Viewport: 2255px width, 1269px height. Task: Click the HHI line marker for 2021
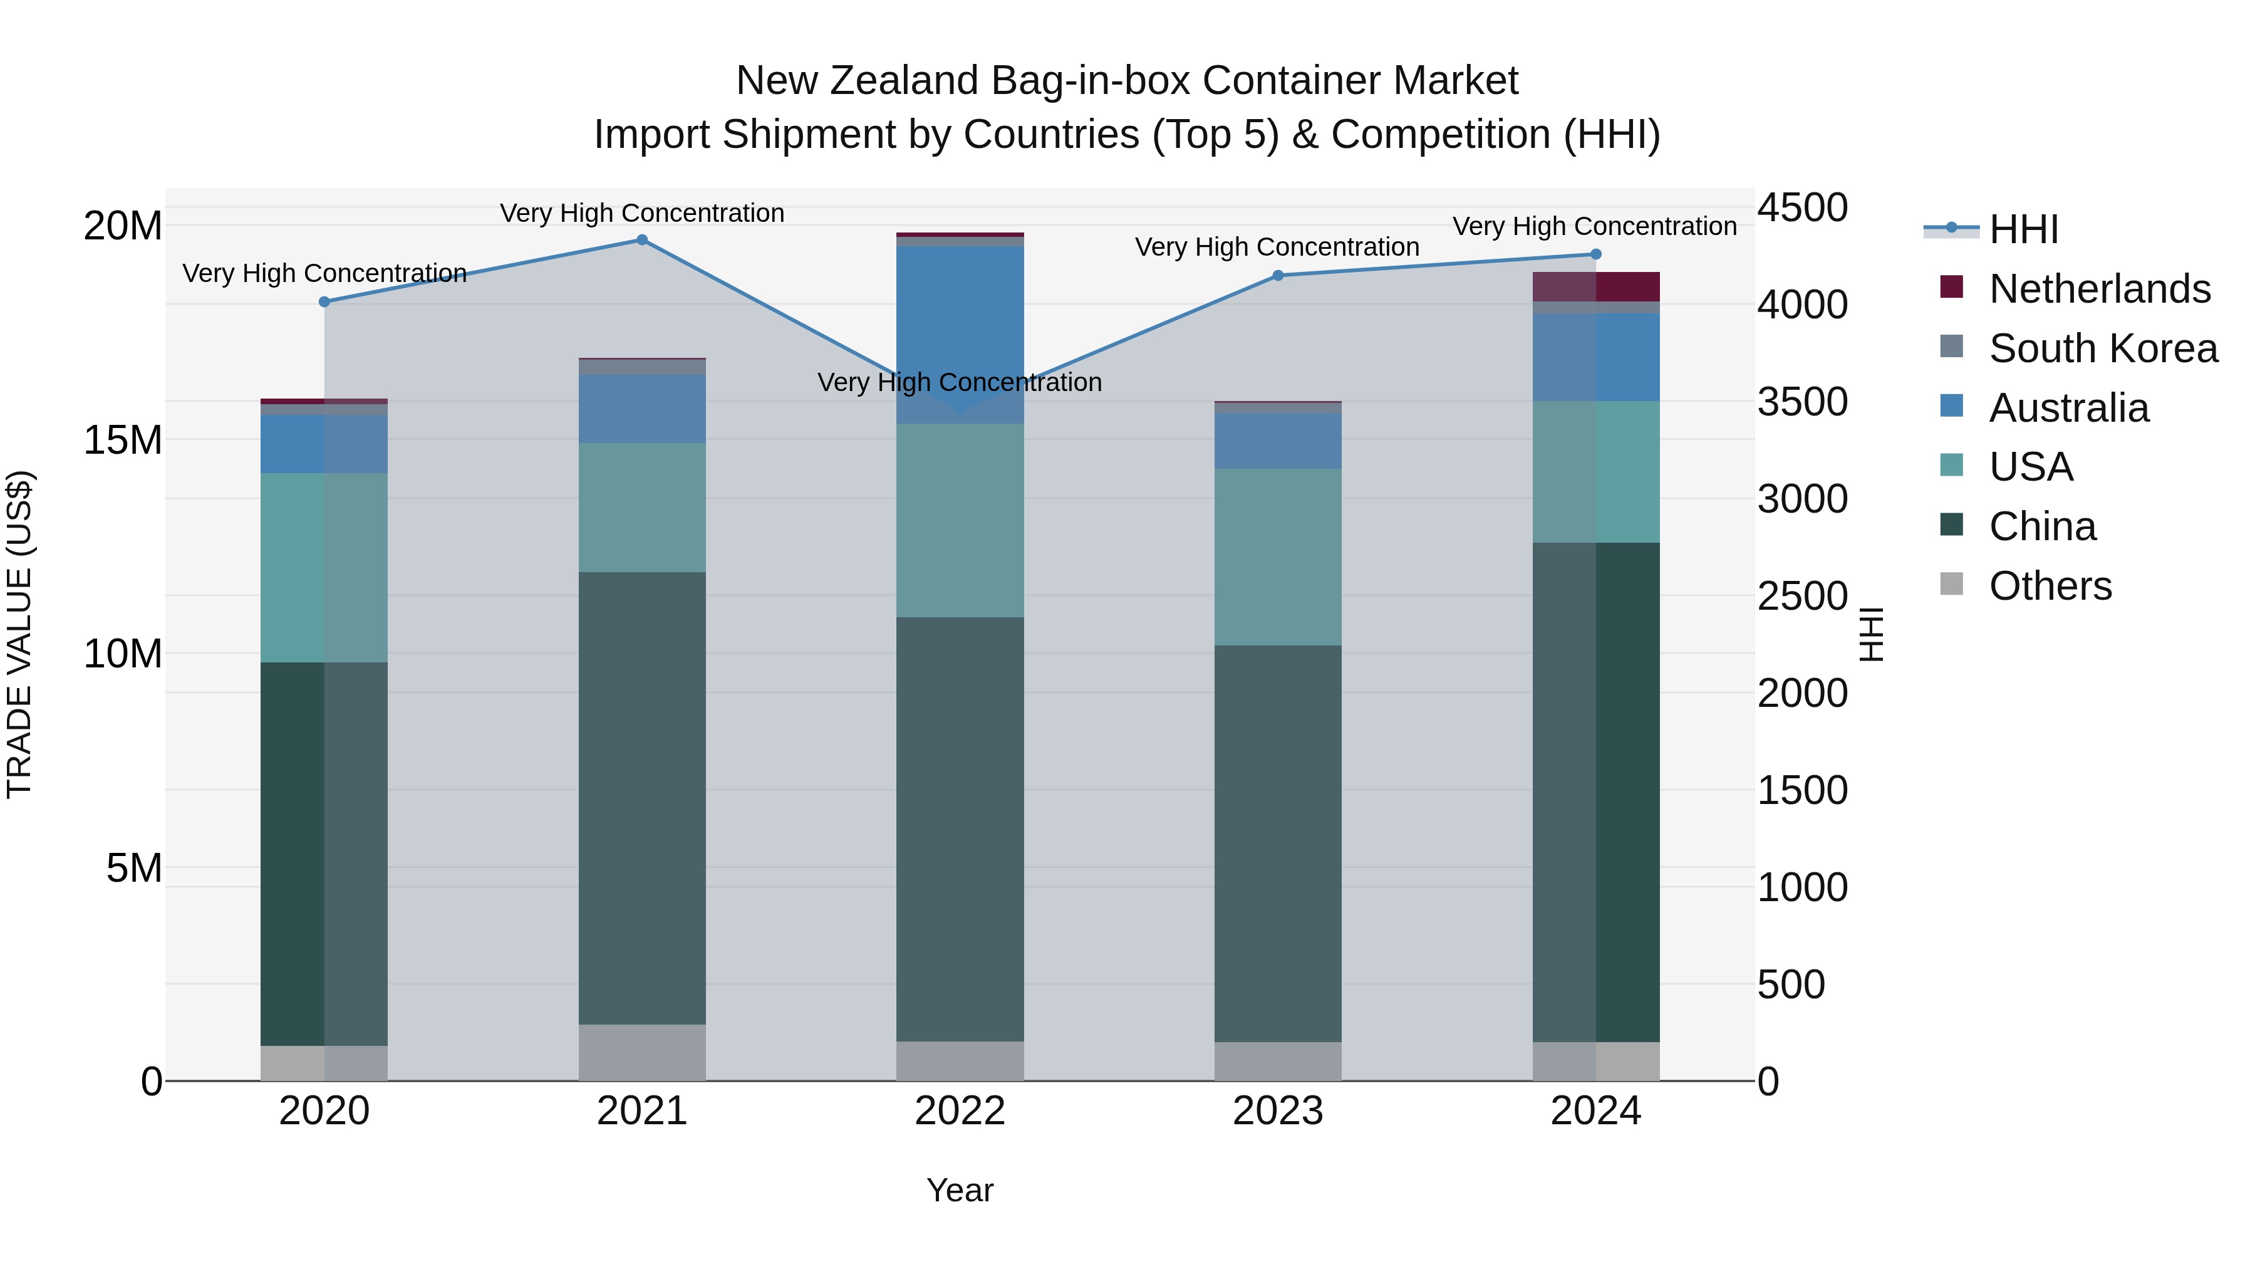pos(641,240)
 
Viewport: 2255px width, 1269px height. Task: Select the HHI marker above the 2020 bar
pos(324,302)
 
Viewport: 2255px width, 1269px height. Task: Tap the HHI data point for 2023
pos(1277,276)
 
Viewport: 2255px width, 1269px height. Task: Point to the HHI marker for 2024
pos(1595,255)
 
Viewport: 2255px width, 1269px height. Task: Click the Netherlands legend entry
pos(2099,289)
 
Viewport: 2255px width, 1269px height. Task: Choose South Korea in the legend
pos(2103,348)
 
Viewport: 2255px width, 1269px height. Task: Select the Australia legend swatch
pos(1952,406)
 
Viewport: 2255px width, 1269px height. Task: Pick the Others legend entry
pos(2050,586)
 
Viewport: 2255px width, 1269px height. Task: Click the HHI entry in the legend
pos(2023,229)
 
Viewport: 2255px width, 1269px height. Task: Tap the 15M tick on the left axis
pos(123,440)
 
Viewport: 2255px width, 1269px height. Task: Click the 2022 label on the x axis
pos(960,1111)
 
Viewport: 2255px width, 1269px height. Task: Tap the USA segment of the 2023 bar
pos(1277,557)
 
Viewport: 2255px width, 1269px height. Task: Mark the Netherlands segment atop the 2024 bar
pos(1595,286)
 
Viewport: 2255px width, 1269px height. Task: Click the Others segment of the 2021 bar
pos(641,1053)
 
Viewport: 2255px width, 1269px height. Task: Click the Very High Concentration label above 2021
pos(641,213)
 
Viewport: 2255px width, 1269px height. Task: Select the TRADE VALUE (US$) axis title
pos(19,634)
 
